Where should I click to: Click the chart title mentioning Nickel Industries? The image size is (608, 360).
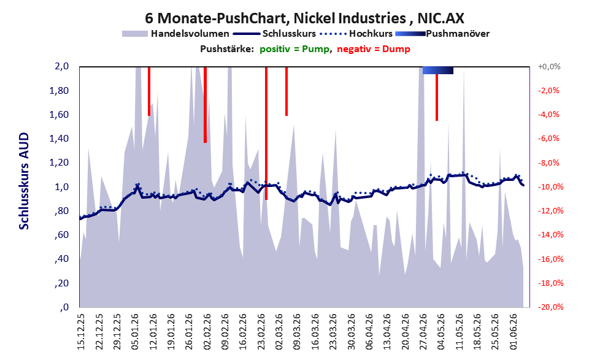pos(304,18)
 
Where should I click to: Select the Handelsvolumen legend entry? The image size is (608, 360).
pos(175,34)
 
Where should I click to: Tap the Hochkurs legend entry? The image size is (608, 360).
pos(356,34)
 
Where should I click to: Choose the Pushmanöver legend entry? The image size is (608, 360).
pos(442,34)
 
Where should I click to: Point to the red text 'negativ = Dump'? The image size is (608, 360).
pos(374,49)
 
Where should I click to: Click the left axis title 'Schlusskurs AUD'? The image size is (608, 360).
pos(24,181)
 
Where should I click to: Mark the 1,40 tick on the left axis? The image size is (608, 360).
pos(59,139)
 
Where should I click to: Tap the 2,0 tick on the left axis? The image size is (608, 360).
pos(61,66)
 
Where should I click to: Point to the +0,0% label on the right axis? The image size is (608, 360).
pos(549,67)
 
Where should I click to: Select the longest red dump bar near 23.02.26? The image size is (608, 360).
pos(266,133)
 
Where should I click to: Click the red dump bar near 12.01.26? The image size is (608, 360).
pos(149,91)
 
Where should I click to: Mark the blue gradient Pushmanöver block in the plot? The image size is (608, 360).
pos(438,70)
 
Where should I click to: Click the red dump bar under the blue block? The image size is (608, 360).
pos(437,98)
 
